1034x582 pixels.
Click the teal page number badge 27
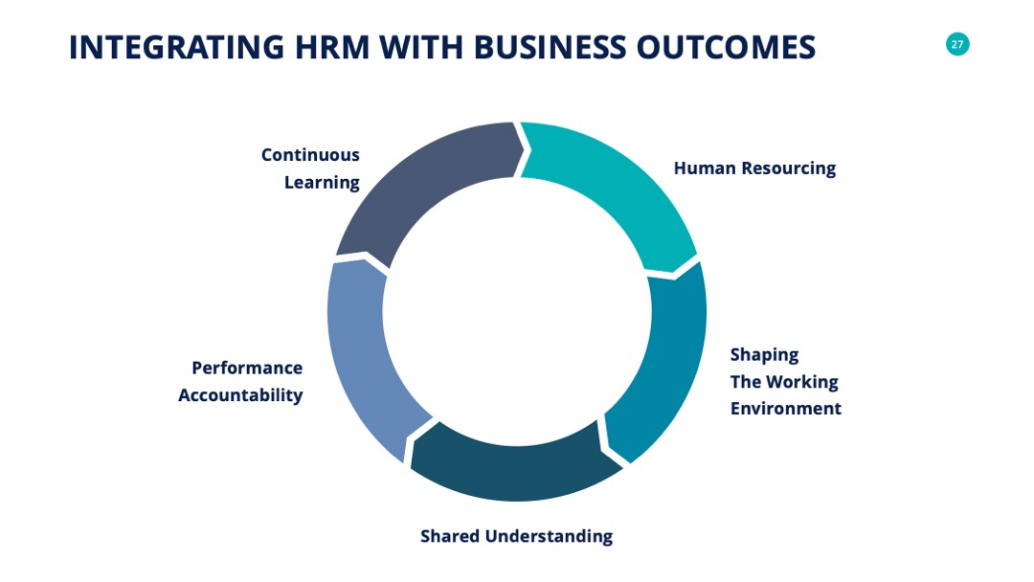956,44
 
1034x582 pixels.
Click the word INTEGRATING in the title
177,48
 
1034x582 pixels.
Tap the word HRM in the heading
331,48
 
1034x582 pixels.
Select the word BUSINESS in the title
550,48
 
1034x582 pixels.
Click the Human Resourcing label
754,168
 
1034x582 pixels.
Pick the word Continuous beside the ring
310,155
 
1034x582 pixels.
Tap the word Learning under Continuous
322,183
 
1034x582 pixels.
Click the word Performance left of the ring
247,368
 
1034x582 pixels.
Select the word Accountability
240,395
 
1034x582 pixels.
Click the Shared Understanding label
516,536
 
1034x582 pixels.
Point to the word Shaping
764,355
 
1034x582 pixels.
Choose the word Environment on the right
785,409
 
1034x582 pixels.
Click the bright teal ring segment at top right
618,185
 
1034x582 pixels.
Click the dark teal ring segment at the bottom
514,469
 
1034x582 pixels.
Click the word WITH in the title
421,48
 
